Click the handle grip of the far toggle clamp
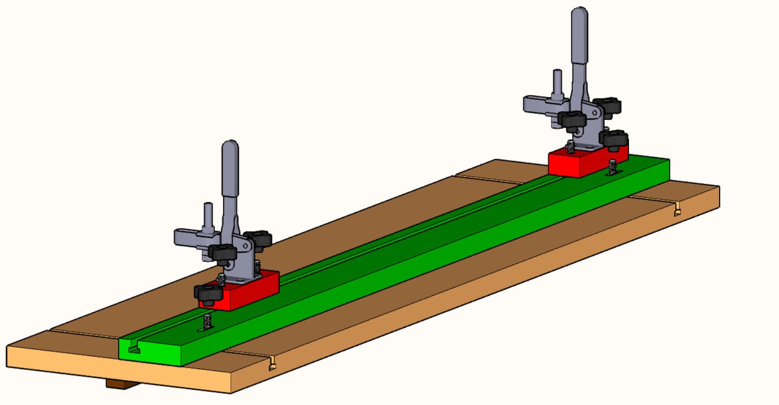(579, 34)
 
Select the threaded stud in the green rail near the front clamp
(207, 322)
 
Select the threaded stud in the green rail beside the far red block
(612, 167)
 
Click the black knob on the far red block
(614, 139)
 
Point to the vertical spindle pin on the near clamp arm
(208, 216)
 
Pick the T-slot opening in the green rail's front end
(134, 350)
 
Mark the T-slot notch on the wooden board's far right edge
(677, 212)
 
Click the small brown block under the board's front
(122, 384)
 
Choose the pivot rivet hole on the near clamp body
(228, 263)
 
